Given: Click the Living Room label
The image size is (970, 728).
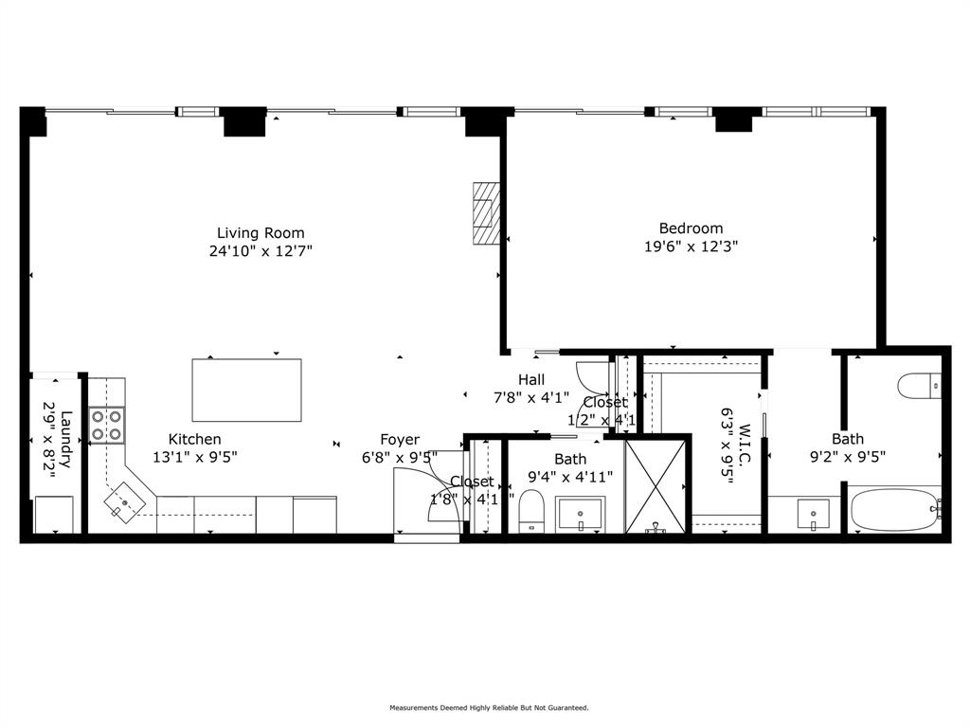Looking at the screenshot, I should point(260,232).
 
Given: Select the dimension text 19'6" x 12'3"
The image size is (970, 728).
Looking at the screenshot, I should point(691,246).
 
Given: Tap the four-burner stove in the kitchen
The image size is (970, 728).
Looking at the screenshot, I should point(107,425).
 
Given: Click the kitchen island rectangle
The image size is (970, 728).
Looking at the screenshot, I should point(246,390).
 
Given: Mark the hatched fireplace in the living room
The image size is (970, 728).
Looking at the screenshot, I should point(485,213).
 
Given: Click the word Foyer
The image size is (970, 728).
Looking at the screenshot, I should point(400,439).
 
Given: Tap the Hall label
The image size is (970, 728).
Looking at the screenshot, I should point(530,379).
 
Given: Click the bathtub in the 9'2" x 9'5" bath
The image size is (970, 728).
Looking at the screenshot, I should point(894,509).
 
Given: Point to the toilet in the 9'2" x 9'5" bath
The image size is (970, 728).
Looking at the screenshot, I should point(918,387).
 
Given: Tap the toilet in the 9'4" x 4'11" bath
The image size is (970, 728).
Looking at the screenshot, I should point(530,511).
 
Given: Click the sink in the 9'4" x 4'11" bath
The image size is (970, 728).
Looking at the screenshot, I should point(579,514).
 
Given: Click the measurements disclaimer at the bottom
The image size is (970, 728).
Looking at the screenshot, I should point(489,707).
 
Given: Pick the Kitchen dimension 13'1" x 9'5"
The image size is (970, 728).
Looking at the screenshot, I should point(194,456).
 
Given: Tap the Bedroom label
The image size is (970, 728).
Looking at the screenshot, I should point(691,227).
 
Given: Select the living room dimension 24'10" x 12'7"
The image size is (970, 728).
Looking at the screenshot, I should point(260,251).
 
